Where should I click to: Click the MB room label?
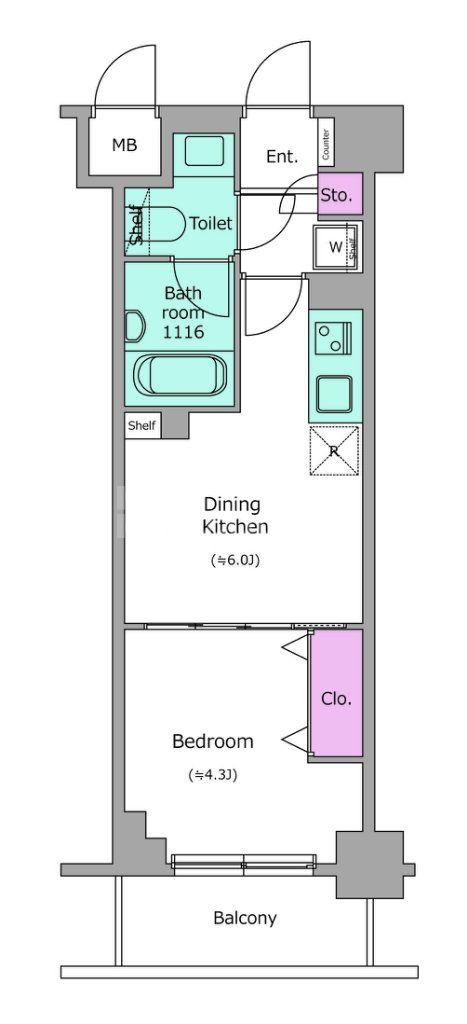click(124, 145)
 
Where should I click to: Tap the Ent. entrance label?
click(282, 156)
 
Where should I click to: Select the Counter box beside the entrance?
click(326, 145)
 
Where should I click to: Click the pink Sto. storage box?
click(340, 194)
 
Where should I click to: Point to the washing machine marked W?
click(336, 247)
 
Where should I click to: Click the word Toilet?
click(211, 223)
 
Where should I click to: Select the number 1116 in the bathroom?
click(184, 332)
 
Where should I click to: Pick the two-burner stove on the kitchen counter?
click(334, 336)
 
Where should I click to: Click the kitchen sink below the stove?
click(334, 392)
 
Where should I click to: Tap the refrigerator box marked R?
click(334, 451)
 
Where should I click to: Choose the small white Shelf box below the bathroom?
click(142, 426)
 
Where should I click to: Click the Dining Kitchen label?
click(234, 515)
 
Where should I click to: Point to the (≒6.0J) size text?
click(235, 560)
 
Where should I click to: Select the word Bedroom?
click(213, 741)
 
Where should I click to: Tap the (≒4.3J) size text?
click(213, 775)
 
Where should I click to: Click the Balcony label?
click(245, 918)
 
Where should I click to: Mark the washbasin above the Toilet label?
click(204, 151)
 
